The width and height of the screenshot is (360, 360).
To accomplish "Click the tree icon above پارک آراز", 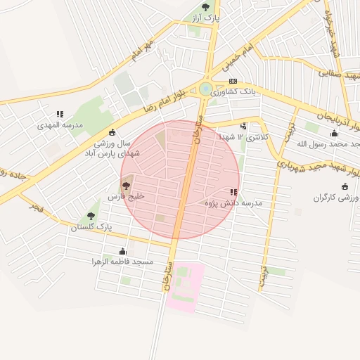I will (x=205, y=7).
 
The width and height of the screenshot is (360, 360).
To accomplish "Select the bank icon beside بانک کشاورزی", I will (x=233, y=82).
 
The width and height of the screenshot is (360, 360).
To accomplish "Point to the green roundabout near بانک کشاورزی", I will (x=205, y=89).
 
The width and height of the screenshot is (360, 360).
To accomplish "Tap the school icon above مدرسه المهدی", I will (x=60, y=114).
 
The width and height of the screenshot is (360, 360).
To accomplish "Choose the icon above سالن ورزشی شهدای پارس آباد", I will (x=112, y=131).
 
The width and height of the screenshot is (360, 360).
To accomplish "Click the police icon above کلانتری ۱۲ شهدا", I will (x=243, y=126).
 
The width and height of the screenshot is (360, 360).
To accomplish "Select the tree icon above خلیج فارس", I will (x=126, y=186).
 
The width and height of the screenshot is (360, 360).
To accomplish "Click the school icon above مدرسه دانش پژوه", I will (x=233, y=192).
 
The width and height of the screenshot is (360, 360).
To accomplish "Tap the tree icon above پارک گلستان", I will (x=91, y=216).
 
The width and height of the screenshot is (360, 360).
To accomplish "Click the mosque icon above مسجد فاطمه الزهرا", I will (x=123, y=251).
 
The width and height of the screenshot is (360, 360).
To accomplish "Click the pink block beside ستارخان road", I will (x=185, y=287).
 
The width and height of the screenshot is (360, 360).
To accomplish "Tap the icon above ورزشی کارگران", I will (x=345, y=186).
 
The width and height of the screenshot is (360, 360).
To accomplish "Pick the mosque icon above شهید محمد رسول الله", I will (x=335, y=133).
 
